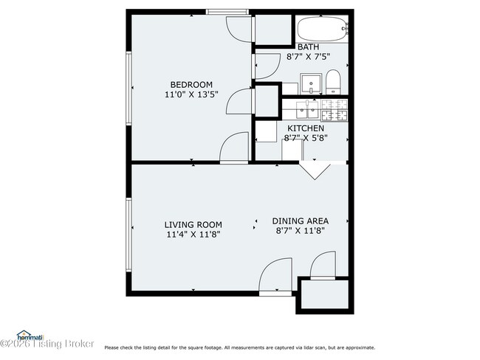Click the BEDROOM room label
coord(191,84)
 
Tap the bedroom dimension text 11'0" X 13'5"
coord(191,94)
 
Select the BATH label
coord(309,47)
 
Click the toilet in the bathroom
coord(333,82)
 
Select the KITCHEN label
coord(305,128)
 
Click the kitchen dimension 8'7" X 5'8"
coord(305,138)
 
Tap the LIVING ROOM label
coord(193,224)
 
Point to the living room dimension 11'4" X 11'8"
coord(193,234)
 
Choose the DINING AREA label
coord(300,221)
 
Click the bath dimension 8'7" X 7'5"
coord(309,56)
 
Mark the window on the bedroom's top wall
coord(227,11)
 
